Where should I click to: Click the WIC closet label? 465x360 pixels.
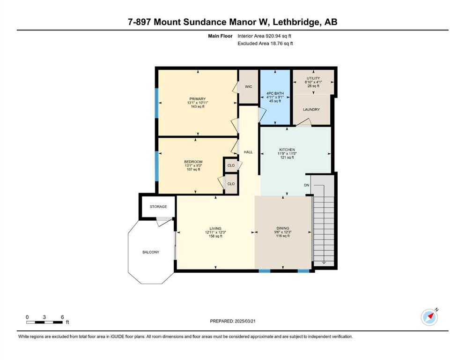click(248, 87)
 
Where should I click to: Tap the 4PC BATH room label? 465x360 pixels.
click(275, 93)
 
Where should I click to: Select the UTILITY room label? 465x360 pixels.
click(313, 78)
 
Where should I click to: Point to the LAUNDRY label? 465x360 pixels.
click(311, 110)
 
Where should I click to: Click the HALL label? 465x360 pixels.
click(248, 152)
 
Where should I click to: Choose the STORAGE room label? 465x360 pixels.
click(158, 207)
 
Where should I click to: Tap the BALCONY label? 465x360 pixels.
click(151, 252)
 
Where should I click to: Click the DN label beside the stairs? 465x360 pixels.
click(306, 185)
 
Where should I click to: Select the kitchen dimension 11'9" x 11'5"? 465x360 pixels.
click(287, 154)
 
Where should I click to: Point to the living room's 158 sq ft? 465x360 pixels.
click(215, 236)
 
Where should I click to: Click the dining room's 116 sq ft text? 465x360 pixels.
click(283, 236)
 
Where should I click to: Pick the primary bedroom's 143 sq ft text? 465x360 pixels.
click(198, 106)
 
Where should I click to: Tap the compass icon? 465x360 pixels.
click(429, 317)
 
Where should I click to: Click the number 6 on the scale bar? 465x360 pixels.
click(62, 317)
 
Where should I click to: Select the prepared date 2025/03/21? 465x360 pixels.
click(245, 321)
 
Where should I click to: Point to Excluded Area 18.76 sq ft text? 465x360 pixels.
click(265, 43)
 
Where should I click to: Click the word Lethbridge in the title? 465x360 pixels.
click(294, 22)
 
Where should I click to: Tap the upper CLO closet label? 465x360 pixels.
click(231, 165)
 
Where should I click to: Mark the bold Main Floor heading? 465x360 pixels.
click(220, 36)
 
